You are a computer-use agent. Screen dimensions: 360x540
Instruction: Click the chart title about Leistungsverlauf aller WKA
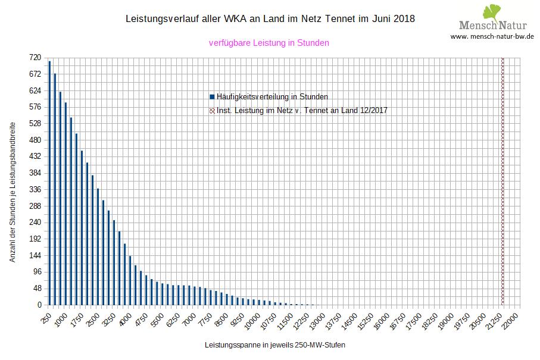(270, 19)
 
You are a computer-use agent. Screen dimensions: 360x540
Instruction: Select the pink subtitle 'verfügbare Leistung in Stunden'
(269, 43)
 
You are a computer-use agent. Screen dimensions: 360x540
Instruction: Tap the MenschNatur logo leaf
(491, 11)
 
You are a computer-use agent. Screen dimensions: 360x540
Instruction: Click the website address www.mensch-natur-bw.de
(492, 37)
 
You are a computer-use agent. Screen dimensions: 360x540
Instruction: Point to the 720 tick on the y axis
(35, 58)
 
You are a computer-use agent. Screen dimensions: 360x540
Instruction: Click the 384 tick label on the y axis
(35, 173)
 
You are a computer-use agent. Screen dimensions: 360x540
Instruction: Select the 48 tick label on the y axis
(37, 289)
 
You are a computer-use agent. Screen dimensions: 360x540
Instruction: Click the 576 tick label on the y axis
(35, 107)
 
